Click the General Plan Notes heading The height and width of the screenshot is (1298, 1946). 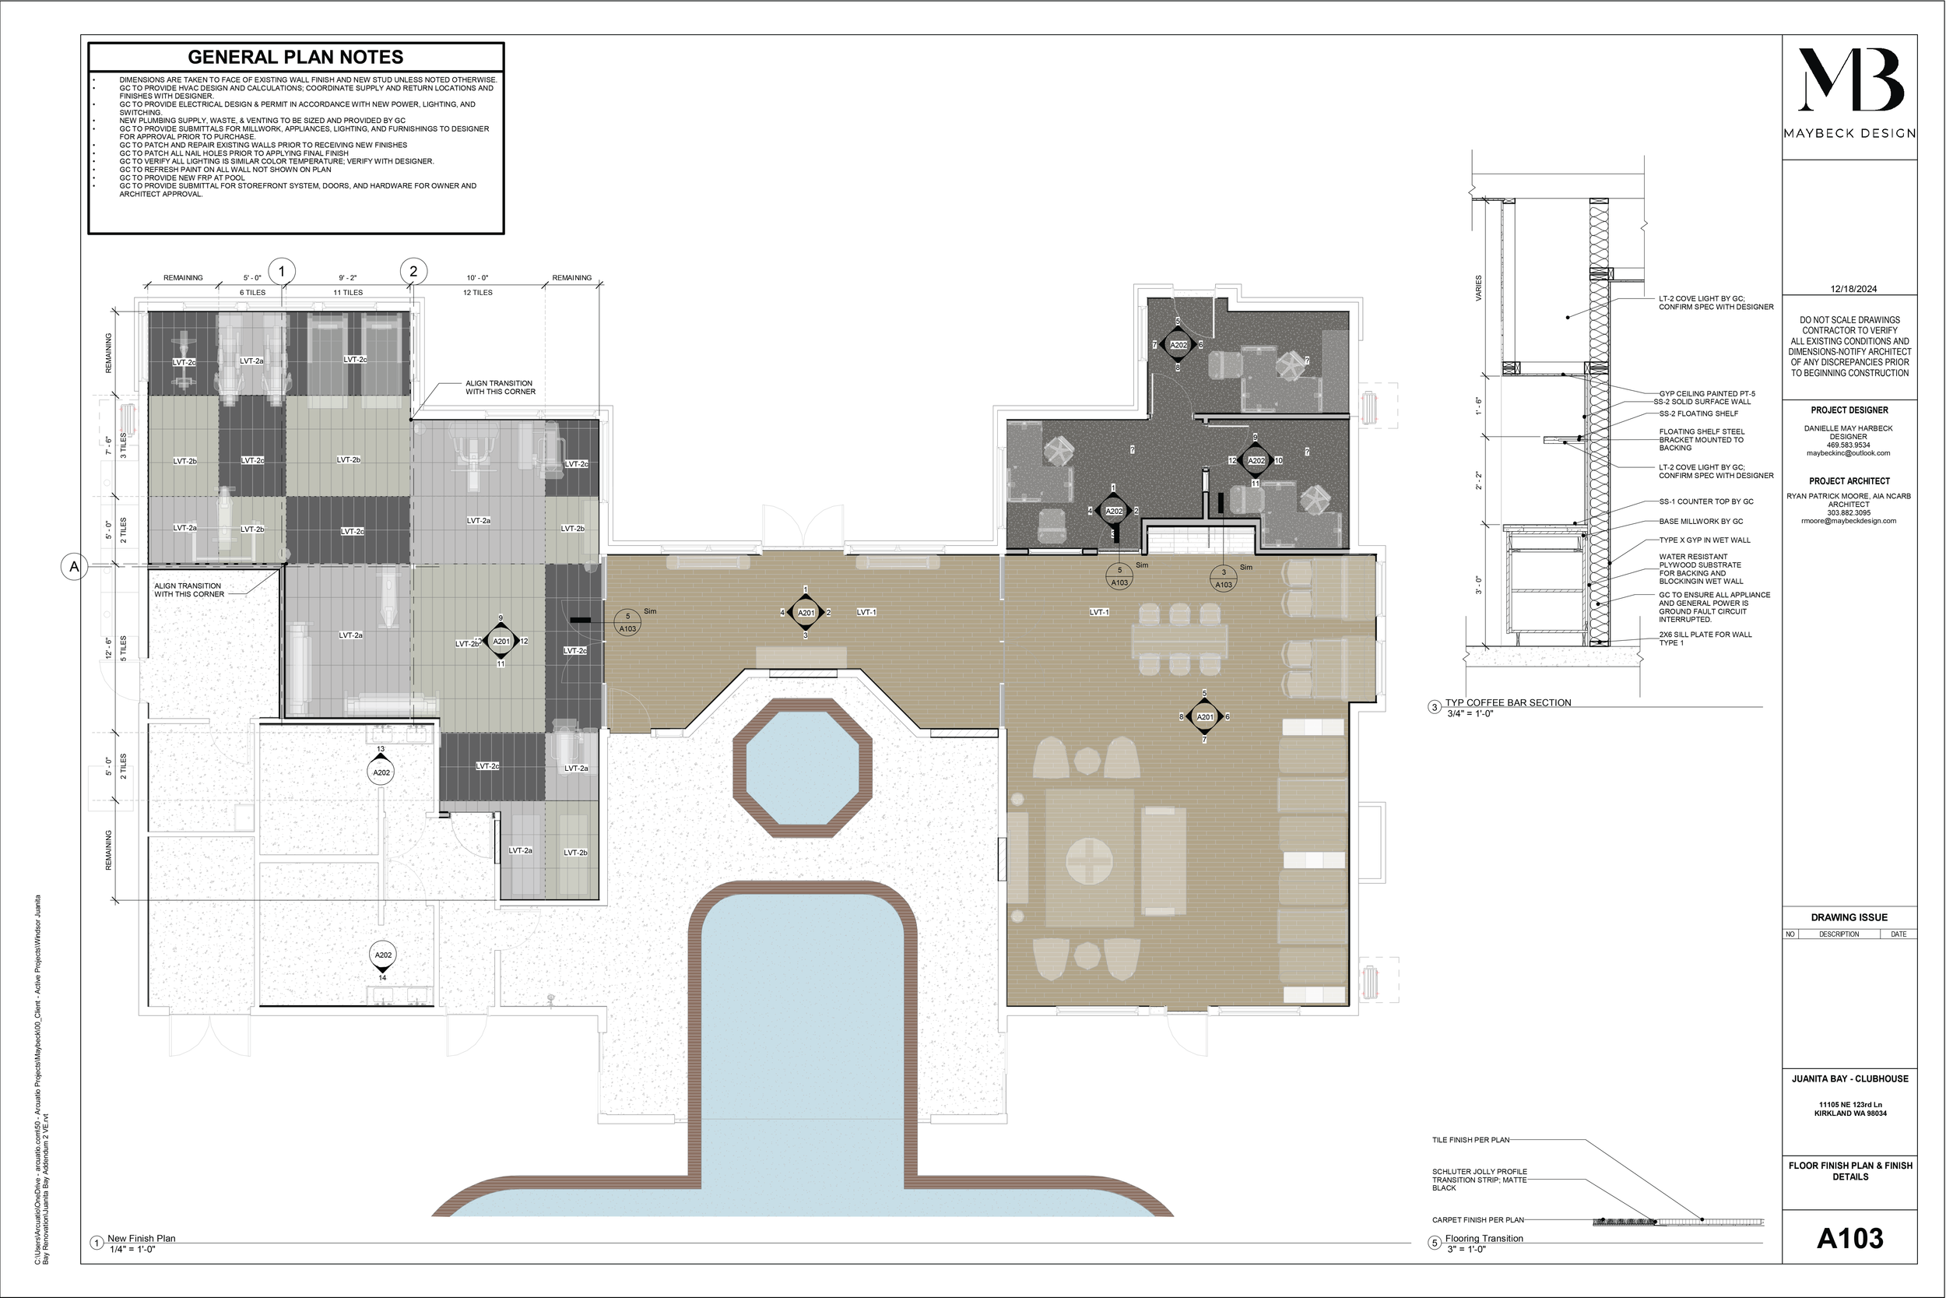295,57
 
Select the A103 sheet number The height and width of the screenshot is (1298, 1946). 1849,1238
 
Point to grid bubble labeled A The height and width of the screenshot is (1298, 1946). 75,567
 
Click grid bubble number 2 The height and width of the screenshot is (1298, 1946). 413,271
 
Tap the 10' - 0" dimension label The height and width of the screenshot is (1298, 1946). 477,278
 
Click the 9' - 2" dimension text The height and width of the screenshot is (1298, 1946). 347,278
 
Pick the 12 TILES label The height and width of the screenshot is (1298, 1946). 477,293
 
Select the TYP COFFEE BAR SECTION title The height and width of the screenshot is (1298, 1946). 1508,703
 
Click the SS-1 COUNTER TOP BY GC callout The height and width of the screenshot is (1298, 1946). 1705,501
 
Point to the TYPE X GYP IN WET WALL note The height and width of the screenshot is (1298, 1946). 1705,540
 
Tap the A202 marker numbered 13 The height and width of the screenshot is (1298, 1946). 381,769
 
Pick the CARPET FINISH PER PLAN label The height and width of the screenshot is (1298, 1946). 1477,1220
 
